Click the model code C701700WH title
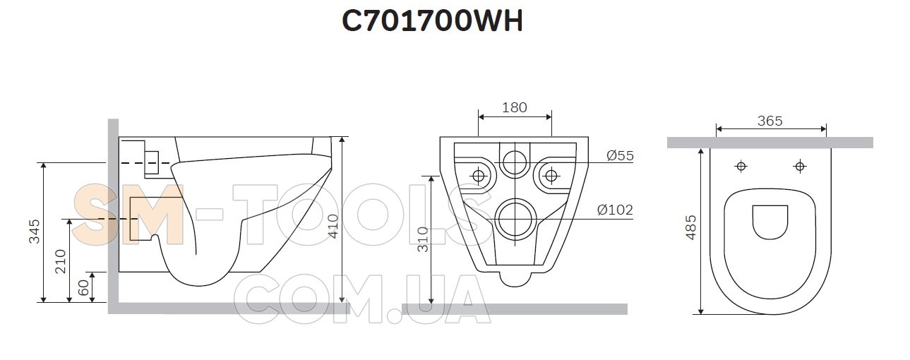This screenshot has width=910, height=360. coord(432,20)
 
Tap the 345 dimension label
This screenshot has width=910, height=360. coord(35,232)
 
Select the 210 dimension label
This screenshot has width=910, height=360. coord(60,262)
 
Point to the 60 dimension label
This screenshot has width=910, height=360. coord(83,288)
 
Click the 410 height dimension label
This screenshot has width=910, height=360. coord(333,227)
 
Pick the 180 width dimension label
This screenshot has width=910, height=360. coord(515,107)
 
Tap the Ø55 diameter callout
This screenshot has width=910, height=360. coord(620,155)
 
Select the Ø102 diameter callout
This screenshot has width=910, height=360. coord(615,210)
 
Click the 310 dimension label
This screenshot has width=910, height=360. coord(423,239)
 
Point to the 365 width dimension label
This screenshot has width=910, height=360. coord(770,121)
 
